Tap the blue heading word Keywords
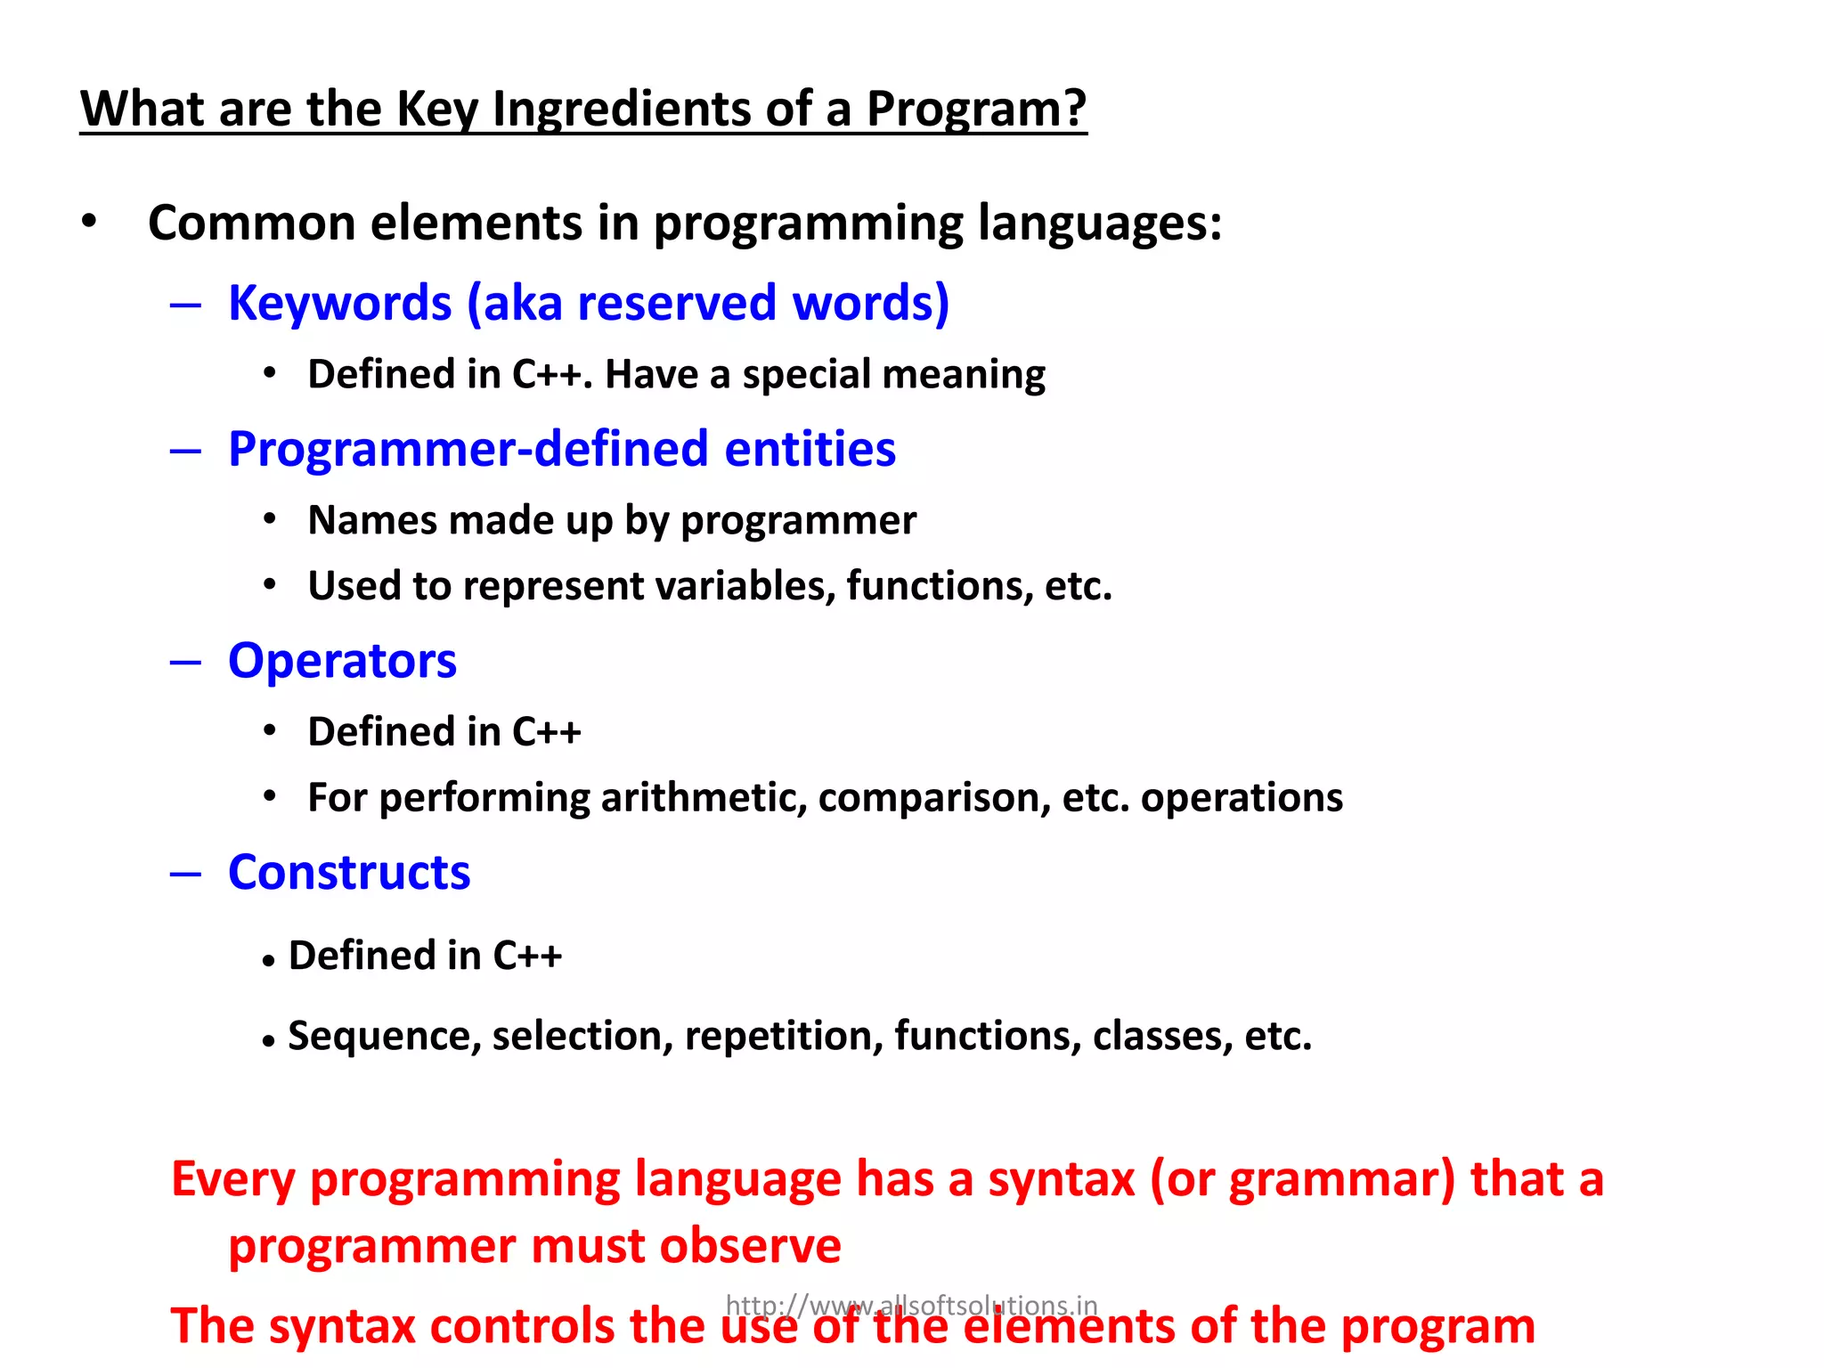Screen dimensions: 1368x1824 pos(339,303)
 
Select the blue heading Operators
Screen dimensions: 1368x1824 pos(342,662)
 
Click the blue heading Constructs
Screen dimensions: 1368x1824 pos(349,873)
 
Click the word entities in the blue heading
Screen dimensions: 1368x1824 pos(810,449)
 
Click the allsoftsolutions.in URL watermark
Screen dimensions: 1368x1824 pos(911,1305)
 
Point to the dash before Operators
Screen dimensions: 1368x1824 pos(185,662)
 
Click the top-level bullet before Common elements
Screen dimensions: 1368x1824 pos(88,223)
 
